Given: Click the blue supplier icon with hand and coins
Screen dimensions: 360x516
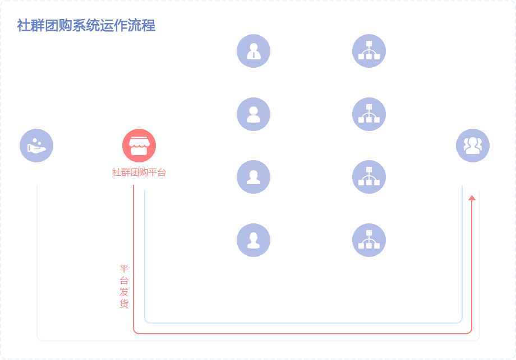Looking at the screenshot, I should tap(36, 146).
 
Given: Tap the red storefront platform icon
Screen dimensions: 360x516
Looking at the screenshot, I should tap(139, 146).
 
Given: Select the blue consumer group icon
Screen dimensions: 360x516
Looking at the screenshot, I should tap(473, 146).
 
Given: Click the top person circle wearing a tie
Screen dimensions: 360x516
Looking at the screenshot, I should tap(254, 51).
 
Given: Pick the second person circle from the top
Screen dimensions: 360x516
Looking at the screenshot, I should tap(254, 114).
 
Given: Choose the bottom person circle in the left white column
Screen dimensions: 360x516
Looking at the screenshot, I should tap(254, 240).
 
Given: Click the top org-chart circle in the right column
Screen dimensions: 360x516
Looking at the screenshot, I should tap(369, 51).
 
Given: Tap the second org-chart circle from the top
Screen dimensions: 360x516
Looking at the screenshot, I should tap(369, 114).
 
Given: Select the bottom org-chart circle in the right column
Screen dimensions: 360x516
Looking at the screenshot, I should tap(369, 240).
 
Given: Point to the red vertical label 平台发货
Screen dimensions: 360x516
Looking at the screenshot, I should tap(124, 286).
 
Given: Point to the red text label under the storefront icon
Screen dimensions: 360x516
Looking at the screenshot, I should tap(139, 172).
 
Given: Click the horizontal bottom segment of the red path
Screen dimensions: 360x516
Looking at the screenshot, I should tap(303, 329).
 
